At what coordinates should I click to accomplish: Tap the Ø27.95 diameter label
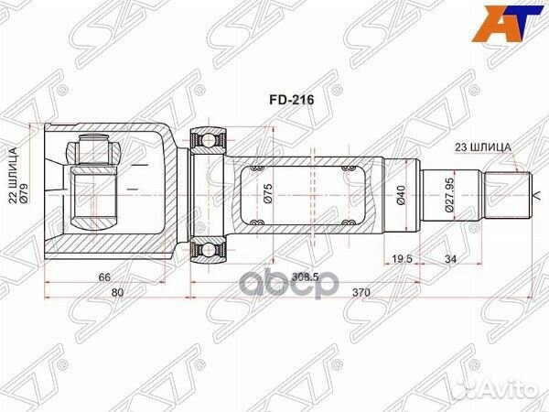pyautogui.click(x=450, y=195)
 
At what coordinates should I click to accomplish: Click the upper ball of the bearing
pyautogui.click(x=209, y=140)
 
